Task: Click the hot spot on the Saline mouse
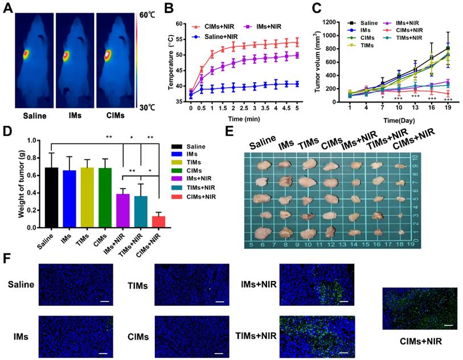click(26, 55)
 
